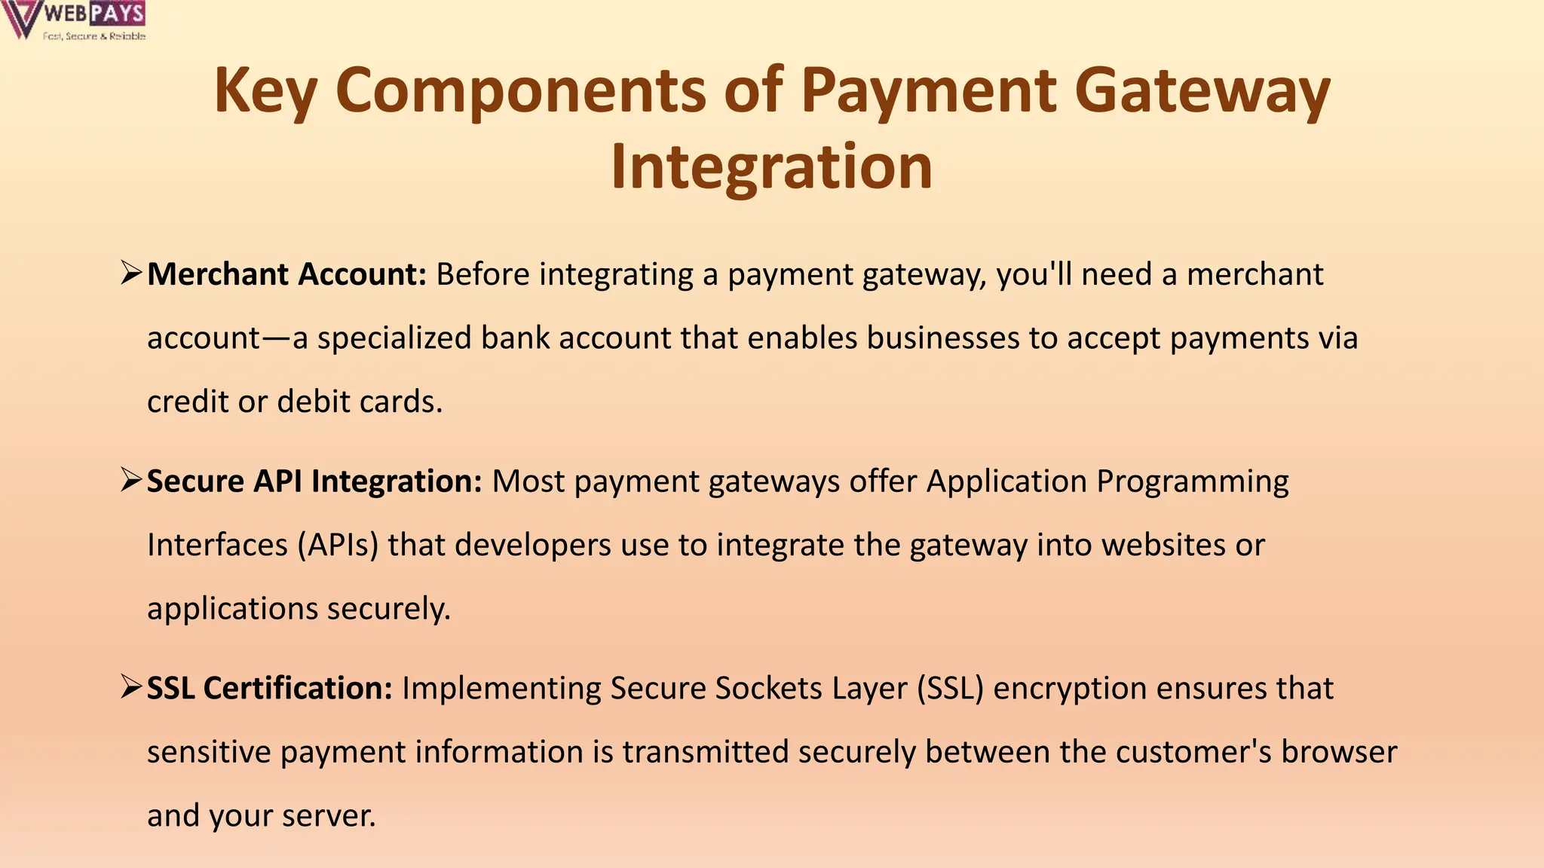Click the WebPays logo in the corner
pos(74,20)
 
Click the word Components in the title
pos(520,91)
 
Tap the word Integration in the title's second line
pos(771,167)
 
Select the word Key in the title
pos(265,91)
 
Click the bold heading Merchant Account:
pos(287,275)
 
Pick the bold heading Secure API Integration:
pos(314,481)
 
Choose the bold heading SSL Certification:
pos(269,689)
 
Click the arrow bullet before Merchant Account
pos(131,273)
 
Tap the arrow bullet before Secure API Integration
pos(131,479)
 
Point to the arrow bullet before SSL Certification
pos(131,686)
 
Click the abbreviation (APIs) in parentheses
pos(338,545)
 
